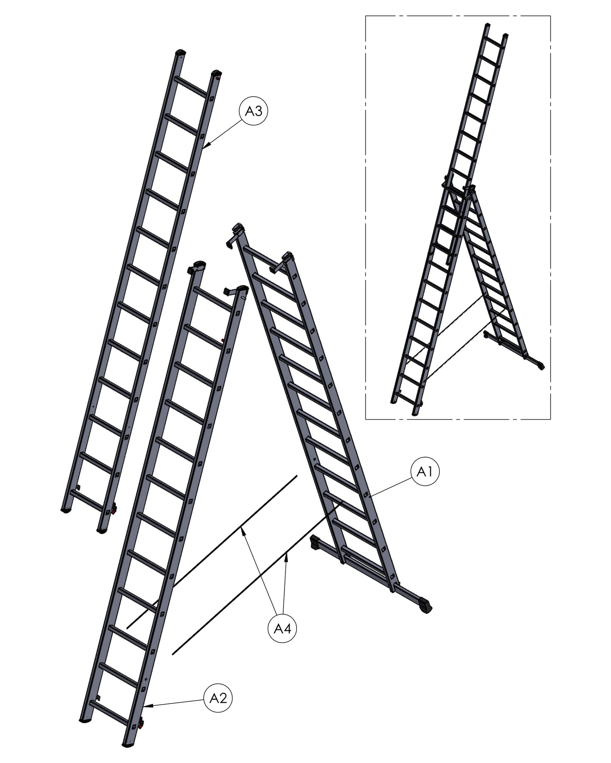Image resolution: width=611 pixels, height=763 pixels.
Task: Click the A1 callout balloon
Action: [x=425, y=472]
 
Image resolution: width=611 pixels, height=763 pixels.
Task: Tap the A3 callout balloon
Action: [x=254, y=112]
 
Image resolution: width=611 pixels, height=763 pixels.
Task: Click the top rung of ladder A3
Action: [x=191, y=87]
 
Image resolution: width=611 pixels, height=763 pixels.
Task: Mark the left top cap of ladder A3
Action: [x=181, y=53]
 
